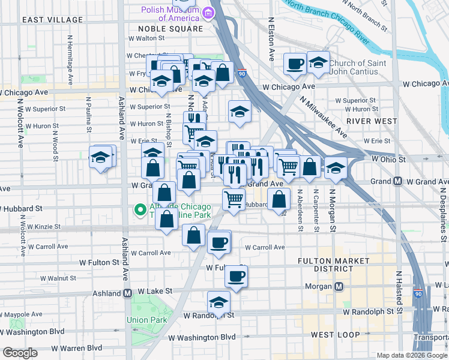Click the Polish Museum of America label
click(170, 14)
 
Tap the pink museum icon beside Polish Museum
click(208, 11)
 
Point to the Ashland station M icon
click(127, 293)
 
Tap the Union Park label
click(147, 320)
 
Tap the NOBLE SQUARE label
click(170, 29)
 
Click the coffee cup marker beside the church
click(295, 64)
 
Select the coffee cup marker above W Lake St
click(236, 277)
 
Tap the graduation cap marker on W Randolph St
click(218, 302)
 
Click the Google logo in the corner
click(20, 353)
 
